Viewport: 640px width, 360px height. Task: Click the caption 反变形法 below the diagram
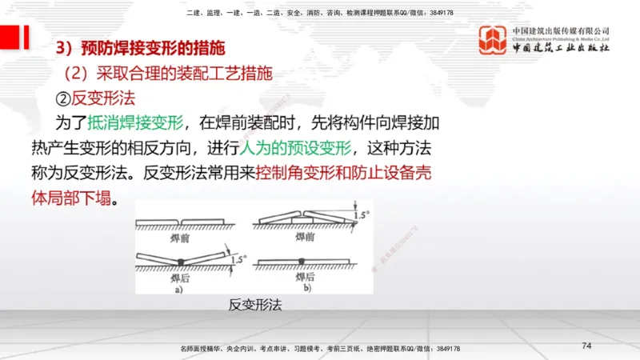[x=255, y=305]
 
